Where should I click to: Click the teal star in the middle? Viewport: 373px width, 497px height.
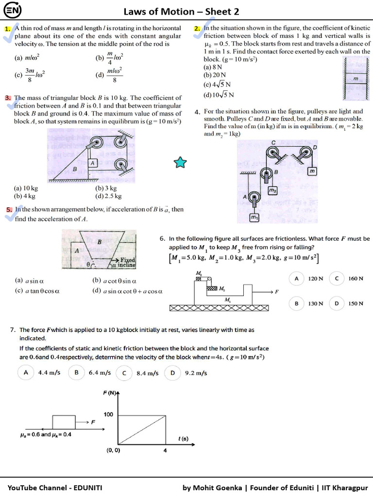[180, 163]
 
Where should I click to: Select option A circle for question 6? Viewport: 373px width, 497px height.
[296, 279]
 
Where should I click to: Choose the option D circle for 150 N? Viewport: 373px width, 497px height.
[336, 303]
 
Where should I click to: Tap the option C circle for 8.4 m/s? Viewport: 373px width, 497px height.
[124, 373]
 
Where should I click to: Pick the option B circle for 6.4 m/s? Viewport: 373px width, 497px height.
[76, 373]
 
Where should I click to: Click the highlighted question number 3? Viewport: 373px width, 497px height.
[8, 98]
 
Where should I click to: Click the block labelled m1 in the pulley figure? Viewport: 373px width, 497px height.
[254, 218]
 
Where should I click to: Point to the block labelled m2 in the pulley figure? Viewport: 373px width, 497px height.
[272, 191]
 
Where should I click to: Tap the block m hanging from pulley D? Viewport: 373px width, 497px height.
[312, 171]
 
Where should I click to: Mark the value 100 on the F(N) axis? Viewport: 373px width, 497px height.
[108, 414]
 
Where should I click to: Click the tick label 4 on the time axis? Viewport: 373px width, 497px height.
[165, 450]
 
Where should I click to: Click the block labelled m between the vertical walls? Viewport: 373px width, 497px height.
[356, 79]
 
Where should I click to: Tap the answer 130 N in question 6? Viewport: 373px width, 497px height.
[316, 303]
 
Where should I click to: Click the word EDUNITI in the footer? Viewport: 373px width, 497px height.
[87, 488]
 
